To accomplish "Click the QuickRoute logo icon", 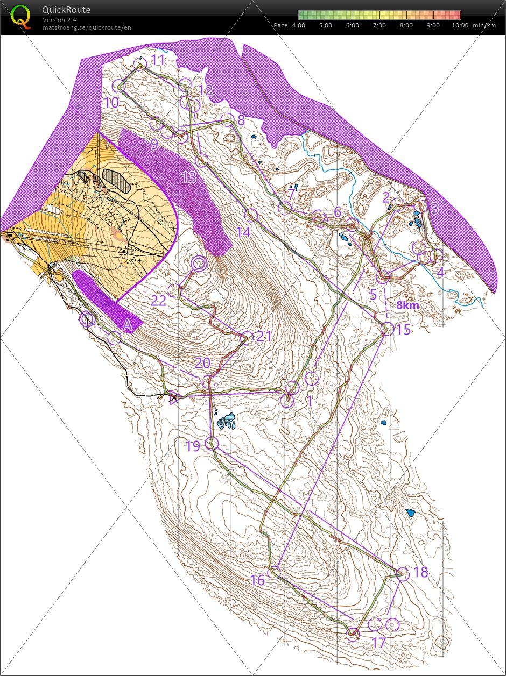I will coord(21,16).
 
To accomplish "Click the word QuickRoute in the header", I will coord(66,10).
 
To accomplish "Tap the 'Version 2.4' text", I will coord(59,20).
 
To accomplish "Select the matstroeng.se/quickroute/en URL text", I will coord(87,27).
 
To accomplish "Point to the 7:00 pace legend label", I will coord(380,25).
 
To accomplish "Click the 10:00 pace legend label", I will coord(460,25).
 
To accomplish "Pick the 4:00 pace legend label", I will coord(299,25).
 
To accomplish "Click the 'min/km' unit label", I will coord(484,25).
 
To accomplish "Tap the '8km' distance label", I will coord(407,305).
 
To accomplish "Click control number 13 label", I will coord(188,177).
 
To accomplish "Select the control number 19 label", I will coord(192,445).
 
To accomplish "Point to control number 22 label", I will coord(158,301).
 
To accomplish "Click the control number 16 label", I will coord(258,580).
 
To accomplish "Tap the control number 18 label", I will coord(421,572).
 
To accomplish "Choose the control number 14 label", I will coord(244,232).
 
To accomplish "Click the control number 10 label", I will coord(111,102).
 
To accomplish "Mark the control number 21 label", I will coord(264,337).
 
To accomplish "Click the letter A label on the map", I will coord(128,325).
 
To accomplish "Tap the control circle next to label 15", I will coord(387,329).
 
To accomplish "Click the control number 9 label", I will coord(154,144).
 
